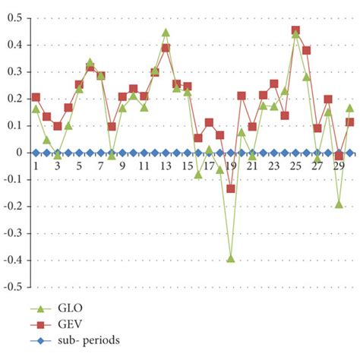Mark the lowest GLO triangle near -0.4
pyautogui.click(x=231, y=258)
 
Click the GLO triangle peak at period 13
pyautogui.click(x=166, y=32)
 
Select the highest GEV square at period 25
pyautogui.click(x=295, y=30)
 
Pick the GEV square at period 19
pyautogui.click(x=231, y=188)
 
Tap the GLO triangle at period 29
pyautogui.click(x=339, y=204)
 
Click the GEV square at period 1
pyautogui.click(x=36, y=97)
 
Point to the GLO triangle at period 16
pyautogui.click(x=198, y=174)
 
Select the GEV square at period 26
pyautogui.click(x=307, y=50)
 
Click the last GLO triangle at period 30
pyautogui.click(x=349, y=108)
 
